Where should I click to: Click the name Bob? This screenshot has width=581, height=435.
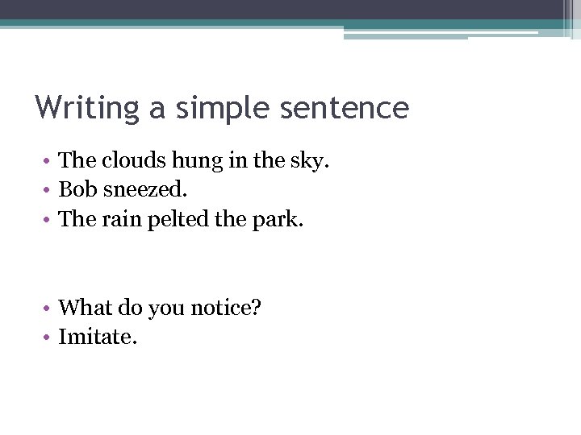(77, 190)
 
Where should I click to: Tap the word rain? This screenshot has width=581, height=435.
(121, 220)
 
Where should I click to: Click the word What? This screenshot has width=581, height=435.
(86, 308)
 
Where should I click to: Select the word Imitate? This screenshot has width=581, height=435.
(98, 337)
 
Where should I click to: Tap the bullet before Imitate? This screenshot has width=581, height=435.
(48, 338)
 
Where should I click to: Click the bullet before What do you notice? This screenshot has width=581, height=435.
(48, 309)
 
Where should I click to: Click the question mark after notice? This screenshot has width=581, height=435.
(256, 308)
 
